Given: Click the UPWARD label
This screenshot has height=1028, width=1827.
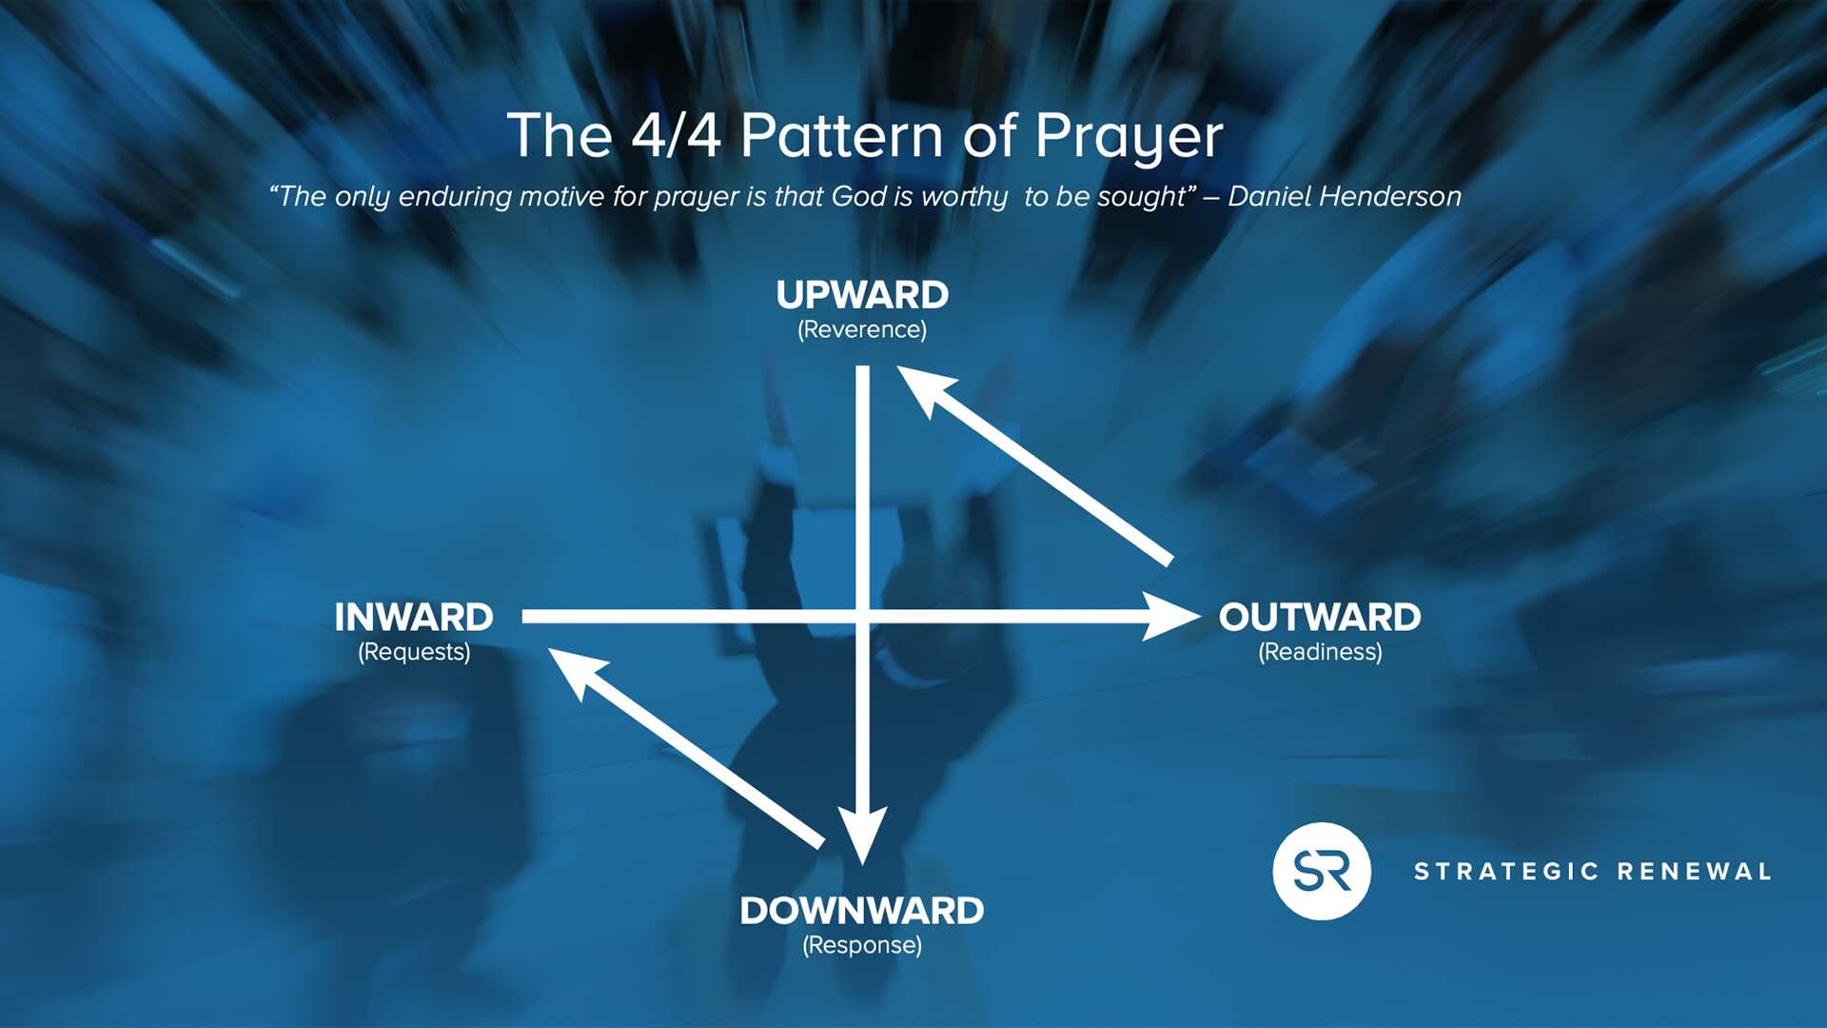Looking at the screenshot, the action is pyautogui.click(x=862, y=295).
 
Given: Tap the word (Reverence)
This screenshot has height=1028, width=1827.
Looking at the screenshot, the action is pyautogui.click(x=862, y=329).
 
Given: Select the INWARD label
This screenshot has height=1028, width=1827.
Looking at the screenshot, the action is pyautogui.click(x=414, y=618).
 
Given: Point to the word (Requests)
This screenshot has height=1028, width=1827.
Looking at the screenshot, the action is pyautogui.click(x=414, y=652).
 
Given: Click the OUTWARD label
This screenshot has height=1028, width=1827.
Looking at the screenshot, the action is pyautogui.click(x=1320, y=618).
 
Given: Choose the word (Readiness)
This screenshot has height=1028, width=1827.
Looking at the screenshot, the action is pyautogui.click(x=1320, y=652).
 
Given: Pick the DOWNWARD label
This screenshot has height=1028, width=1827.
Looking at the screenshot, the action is pyautogui.click(x=862, y=911).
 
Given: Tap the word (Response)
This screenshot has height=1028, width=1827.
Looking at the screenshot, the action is pyautogui.click(x=862, y=945).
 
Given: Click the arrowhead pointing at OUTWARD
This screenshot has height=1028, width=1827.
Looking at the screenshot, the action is pyautogui.click(x=1172, y=617).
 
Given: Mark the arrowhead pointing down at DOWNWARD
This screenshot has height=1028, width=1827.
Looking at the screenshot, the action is pyautogui.click(x=862, y=835).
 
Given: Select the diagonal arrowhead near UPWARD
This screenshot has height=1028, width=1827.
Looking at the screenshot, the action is pyautogui.click(x=923, y=389).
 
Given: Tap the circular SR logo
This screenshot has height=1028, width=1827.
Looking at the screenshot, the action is pyautogui.click(x=1322, y=871).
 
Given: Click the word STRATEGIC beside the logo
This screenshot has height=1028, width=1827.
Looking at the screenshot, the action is pyautogui.click(x=1506, y=872).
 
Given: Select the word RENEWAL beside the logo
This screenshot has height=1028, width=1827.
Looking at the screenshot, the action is pyautogui.click(x=1695, y=872).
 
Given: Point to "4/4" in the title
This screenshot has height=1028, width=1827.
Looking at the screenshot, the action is pyautogui.click(x=676, y=135).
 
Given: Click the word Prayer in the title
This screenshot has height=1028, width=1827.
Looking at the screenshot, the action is pyautogui.click(x=1129, y=137).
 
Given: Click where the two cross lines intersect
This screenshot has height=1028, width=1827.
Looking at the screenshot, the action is pyautogui.click(x=862, y=617).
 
